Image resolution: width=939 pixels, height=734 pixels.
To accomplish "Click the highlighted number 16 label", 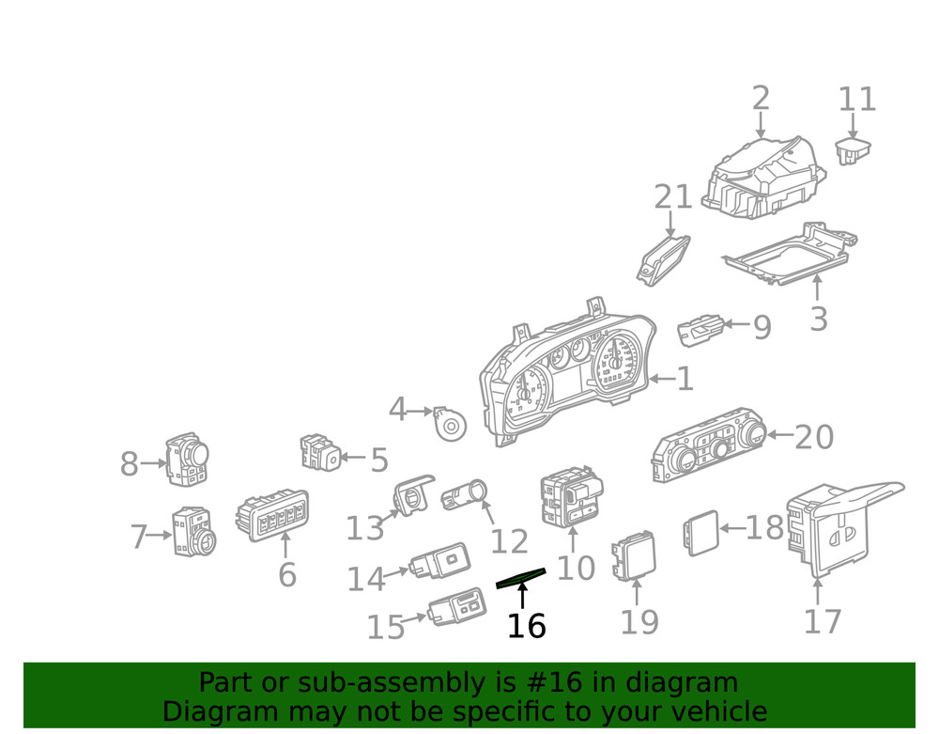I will pyautogui.click(x=526, y=625).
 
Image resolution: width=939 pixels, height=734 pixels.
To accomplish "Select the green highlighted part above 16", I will pyautogui.click(x=520, y=578).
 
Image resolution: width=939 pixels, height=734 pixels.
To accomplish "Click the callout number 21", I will pyautogui.click(x=672, y=197).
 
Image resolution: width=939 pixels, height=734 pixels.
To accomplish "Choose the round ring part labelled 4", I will pyautogui.click(x=451, y=426).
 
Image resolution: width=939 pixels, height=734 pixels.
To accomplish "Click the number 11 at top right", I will pyautogui.click(x=856, y=99).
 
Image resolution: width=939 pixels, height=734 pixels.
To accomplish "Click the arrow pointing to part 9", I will pyautogui.click(x=737, y=325).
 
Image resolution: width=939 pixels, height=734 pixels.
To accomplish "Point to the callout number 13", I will pyautogui.click(x=364, y=528).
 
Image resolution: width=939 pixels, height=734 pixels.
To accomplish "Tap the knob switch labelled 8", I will pyautogui.click(x=187, y=461).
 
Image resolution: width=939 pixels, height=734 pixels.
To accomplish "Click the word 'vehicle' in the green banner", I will pyautogui.click(x=715, y=711).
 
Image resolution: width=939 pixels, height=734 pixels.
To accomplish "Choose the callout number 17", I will pyautogui.click(x=822, y=621).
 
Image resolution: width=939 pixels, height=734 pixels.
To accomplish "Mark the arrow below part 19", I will pyautogui.click(x=637, y=592).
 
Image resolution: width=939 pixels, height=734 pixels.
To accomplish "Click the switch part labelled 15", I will pyautogui.click(x=458, y=606).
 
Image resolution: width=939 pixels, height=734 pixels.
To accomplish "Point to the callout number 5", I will pyautogui.click(x=378, y=461).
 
